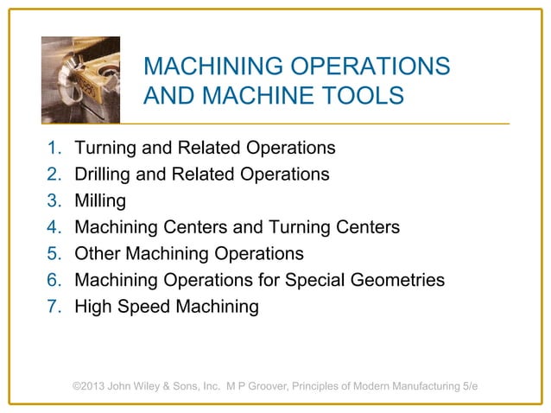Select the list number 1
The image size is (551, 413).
51,148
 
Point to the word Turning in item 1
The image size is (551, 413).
105,148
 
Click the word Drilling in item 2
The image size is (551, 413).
104,175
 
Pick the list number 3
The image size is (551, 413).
51,201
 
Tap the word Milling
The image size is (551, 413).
100,201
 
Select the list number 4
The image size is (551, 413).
51,228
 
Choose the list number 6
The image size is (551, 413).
51,281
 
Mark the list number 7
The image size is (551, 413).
51,307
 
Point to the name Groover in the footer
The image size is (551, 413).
269,385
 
